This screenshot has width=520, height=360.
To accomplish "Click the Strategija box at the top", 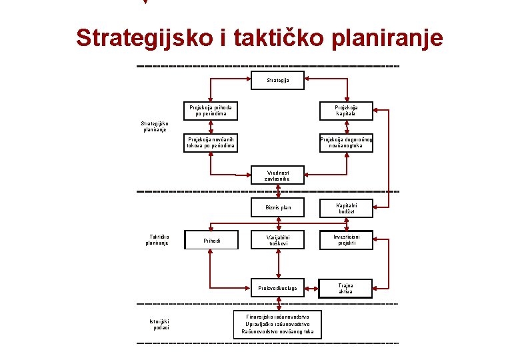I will [x=277, y=81].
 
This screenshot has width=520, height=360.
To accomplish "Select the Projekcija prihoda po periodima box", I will [x=211, y=111].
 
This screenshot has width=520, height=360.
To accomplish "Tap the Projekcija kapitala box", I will [x=346, y=111].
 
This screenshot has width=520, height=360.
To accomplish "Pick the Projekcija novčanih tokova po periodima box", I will [x=211, y=143].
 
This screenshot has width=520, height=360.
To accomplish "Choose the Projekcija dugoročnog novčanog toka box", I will [x=346, y=143].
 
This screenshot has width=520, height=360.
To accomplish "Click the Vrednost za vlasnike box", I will [x=277, y=175].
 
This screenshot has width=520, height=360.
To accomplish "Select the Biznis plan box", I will [x=277, y=208].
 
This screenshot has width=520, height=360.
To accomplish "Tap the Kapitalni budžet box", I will [x=346, y=208].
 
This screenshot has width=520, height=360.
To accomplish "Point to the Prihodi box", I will [x=211, y=240].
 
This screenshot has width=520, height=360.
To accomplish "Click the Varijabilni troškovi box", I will [x=277, y=240].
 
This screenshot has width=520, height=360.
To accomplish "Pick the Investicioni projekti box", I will [x=346, y=240].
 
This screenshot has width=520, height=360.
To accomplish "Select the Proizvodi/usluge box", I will [x=277, y=289].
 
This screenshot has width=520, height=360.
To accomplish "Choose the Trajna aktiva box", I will [x=346, y=288].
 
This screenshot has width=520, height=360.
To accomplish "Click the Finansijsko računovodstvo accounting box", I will [x=277, y=323].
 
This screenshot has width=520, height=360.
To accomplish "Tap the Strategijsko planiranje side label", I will [x=155, y=126].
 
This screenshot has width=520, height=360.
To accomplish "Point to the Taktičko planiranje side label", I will [x=157, y=240].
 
